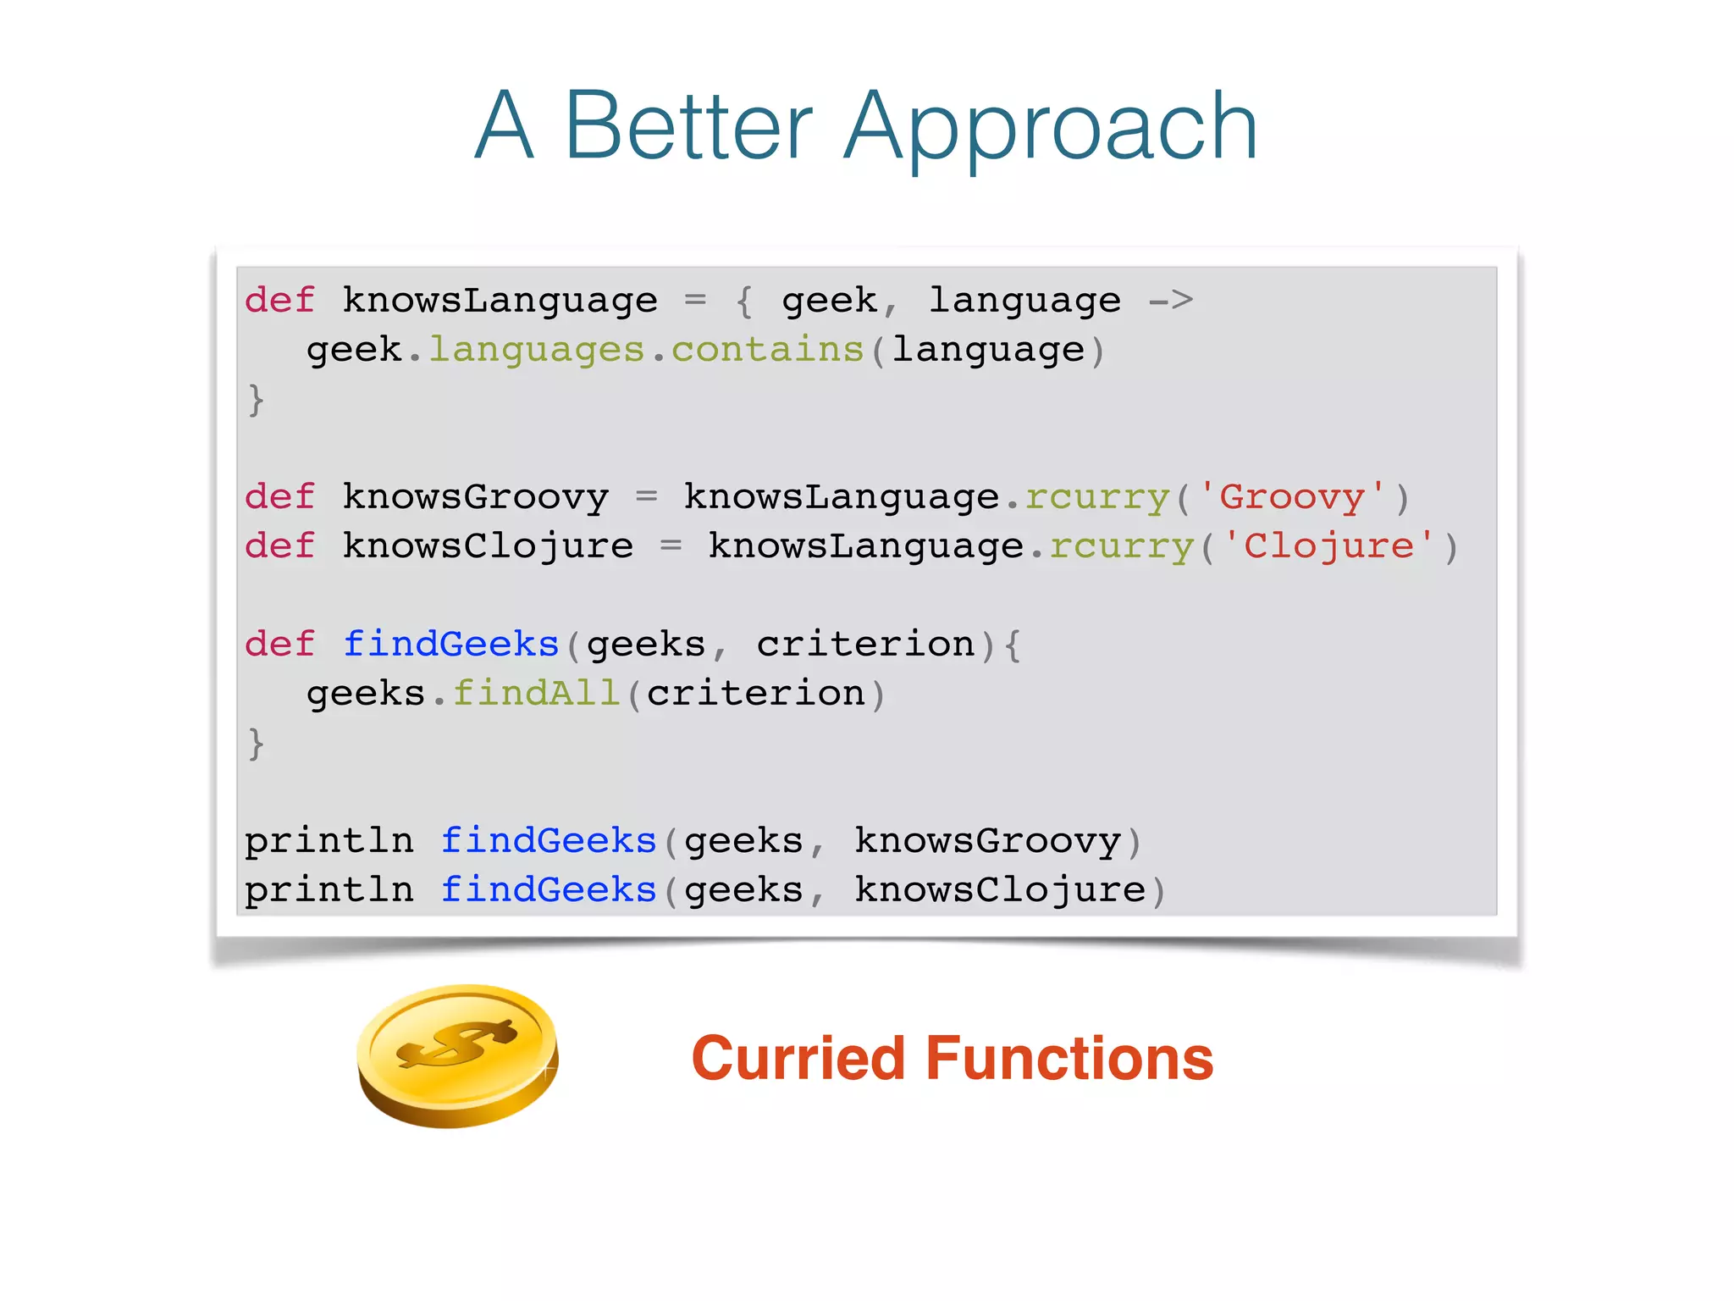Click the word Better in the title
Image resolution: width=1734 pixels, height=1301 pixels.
point(688,127)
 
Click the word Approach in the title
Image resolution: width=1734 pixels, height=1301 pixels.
point(1050,127)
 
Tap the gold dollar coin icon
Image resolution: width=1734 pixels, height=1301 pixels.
point(457,1055)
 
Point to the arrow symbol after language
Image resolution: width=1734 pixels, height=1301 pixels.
point(1171,300)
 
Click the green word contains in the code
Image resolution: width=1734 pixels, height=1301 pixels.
point(767,350)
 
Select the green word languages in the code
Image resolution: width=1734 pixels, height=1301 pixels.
point(537,350)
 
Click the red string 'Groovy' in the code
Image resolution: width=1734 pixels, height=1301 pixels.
point(1292,497)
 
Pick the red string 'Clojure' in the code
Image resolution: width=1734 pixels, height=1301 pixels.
point(1328,546)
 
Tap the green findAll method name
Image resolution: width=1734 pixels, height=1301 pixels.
point(537,694)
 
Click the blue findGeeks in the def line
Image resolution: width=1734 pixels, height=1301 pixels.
point(451,645)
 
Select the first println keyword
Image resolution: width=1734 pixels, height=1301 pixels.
point(329,841)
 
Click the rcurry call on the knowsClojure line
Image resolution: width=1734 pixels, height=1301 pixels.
point(1122,546)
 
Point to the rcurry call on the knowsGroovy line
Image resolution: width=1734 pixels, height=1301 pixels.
point(1097,497)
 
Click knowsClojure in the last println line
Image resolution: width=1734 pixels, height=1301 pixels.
point(1000,890)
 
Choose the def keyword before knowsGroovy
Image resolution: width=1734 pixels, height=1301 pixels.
point(279,497)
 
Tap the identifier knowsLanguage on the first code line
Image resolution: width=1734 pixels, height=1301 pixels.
point(500,301)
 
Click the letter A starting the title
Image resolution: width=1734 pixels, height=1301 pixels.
point(505,127)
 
